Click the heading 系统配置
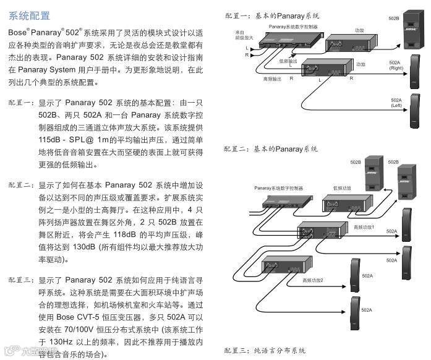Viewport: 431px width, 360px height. [30, 15]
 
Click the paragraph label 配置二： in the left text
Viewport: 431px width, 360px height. [23, 185]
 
